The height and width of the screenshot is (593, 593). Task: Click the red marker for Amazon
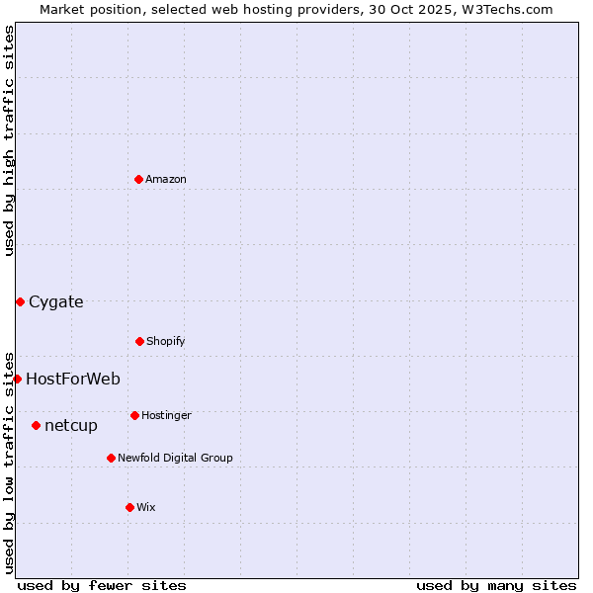(x=138, y=179)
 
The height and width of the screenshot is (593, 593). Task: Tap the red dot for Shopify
(x=139, y=341)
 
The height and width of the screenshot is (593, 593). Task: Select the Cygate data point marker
(x=20, y=301)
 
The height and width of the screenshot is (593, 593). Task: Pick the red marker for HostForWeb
(x=17, y=379)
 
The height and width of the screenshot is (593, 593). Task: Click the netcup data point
(x=36, y=425)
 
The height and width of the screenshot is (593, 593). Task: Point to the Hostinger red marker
(x=134, y=415)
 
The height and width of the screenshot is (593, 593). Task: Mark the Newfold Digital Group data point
(x=111, y=458)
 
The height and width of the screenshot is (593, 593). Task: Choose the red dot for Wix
(x=129, y=507)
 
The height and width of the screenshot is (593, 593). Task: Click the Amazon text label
(x=166, y=179)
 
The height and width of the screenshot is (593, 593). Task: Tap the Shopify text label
(x=166, y=341)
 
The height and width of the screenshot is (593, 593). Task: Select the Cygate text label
(x=56, y=301)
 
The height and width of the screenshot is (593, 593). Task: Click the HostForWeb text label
(x=73, y=379)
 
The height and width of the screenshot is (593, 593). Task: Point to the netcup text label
(x=71, y=425)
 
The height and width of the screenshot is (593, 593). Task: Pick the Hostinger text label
(x=166, y=415)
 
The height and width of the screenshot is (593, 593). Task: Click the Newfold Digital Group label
(x=175, y=458)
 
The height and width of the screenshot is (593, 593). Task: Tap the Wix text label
(x=146, y=507)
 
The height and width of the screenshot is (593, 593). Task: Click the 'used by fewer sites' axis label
(x=102, y=585)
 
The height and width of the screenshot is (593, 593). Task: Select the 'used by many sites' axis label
(x=496, y=585)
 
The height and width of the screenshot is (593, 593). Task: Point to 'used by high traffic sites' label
(x=9, y=140)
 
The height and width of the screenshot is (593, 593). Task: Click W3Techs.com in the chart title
(x=504, y=9)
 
